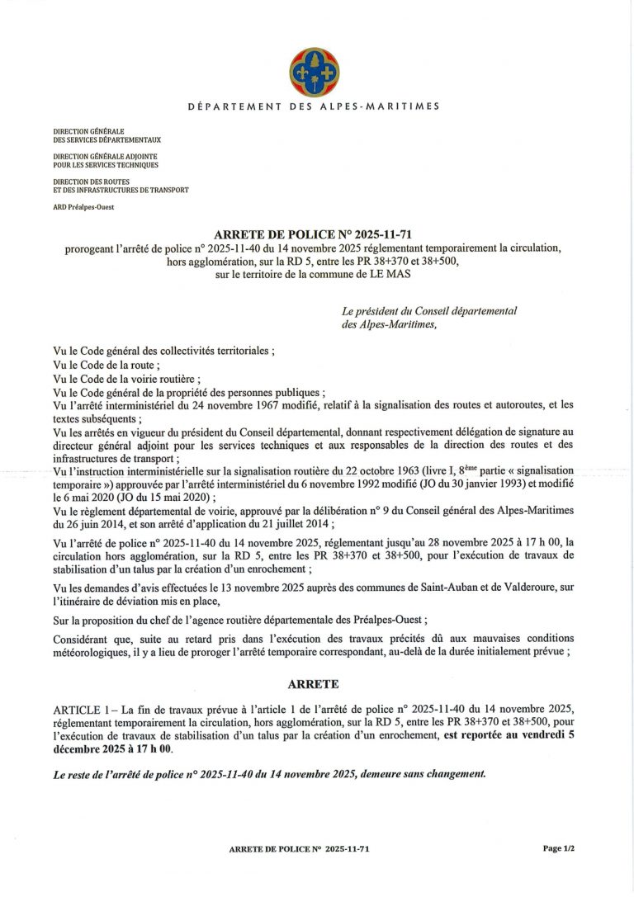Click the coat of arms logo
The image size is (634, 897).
tap(313, 73)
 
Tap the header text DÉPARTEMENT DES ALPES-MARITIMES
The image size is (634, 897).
tap(314, 106)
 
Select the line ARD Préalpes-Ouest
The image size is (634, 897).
tap(83, 207)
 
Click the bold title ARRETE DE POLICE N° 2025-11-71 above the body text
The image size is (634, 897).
tap(313, 234)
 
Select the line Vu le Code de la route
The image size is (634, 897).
tap(106, 364)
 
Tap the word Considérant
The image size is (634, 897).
tap(83, 640)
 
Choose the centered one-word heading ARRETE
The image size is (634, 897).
tap(313, 685)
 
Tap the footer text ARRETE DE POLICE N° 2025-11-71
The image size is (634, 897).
tap(310, 848)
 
